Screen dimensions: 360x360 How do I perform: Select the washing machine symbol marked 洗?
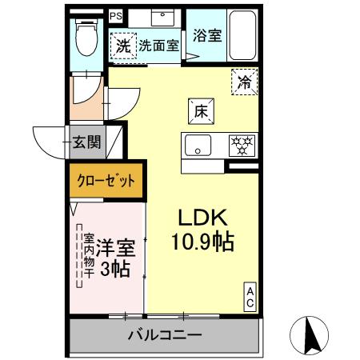pyautogui.click(x=124, y=46)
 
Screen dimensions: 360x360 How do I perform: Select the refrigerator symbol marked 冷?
pyautogui.click(x=246, y=80)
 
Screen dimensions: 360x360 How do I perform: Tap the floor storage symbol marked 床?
pyautogui.click(x=200, y=111)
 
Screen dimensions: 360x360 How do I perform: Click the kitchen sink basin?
pyautogui.click(x=197, y=146)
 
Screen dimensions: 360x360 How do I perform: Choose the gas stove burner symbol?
pyautogui.click(x=241, y=146)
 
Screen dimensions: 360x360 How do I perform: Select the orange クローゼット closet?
pyautogui.click(x=106, y=180)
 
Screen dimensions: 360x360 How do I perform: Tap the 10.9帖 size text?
pyautogui.click(x=203, y=242)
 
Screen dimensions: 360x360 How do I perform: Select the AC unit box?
pyautogui.click(x=250, y=297)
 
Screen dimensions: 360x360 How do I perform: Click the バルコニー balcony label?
pyautogui.click(x=164, y=334)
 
